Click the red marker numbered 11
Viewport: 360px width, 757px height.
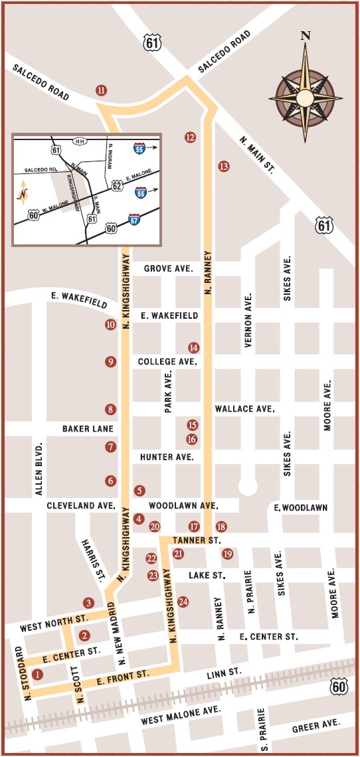pos(101,90)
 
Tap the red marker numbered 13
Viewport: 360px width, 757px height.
pos(223,167)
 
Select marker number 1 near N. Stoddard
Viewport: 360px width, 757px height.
pos(37,675)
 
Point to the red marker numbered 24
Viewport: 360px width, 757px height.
pos(183,602)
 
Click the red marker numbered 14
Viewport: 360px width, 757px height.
pos(193,347)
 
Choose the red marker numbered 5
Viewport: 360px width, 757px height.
pos(139,491)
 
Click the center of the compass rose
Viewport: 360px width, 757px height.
pos(306,98)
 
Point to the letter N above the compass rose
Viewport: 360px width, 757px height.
pos(306,36)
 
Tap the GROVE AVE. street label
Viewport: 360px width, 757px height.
pos(169,269)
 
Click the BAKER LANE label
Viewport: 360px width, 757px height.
pos(88,429)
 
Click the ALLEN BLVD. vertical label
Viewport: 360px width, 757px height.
pos(39,468)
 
